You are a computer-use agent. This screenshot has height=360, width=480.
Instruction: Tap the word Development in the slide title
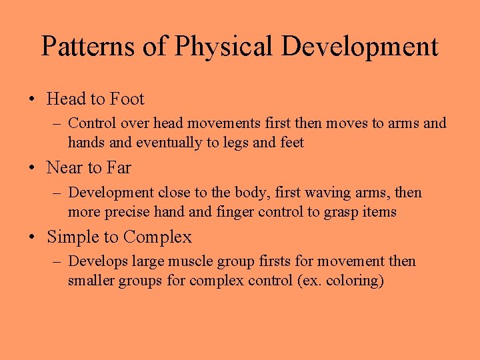click(360, 47)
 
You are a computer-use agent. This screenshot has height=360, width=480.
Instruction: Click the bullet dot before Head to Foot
click(32, 100)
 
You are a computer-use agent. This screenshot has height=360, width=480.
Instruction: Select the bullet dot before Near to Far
click(32, 169)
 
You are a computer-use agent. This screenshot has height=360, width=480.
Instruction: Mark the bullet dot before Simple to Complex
click(32, 238)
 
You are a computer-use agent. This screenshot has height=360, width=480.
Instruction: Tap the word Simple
click(74, 237)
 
